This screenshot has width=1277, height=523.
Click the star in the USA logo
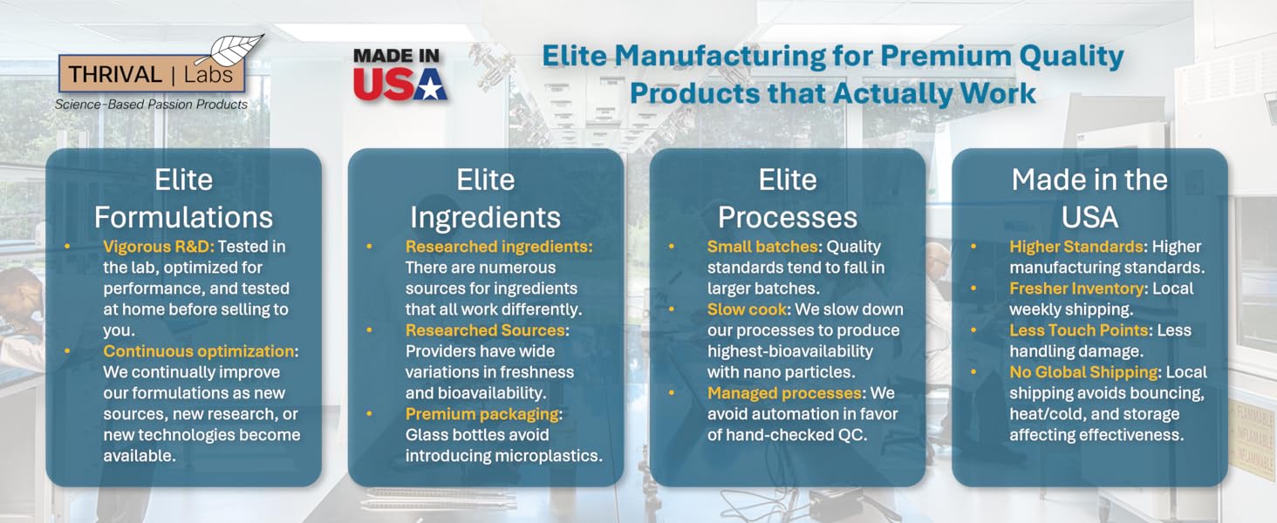[430, 85]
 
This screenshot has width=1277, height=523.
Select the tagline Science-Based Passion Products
[151, 105]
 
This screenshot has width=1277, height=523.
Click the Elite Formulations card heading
[183, 199]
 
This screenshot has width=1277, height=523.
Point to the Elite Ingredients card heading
[485, 199]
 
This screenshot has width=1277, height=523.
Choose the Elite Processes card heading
[787, 199]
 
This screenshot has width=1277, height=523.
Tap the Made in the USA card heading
[1089, 199]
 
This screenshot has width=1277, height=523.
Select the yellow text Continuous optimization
[198, 351]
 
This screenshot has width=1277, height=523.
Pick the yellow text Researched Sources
[486, 330]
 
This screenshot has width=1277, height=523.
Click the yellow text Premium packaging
[481, 414]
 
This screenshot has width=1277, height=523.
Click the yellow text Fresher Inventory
[1076, 289]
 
